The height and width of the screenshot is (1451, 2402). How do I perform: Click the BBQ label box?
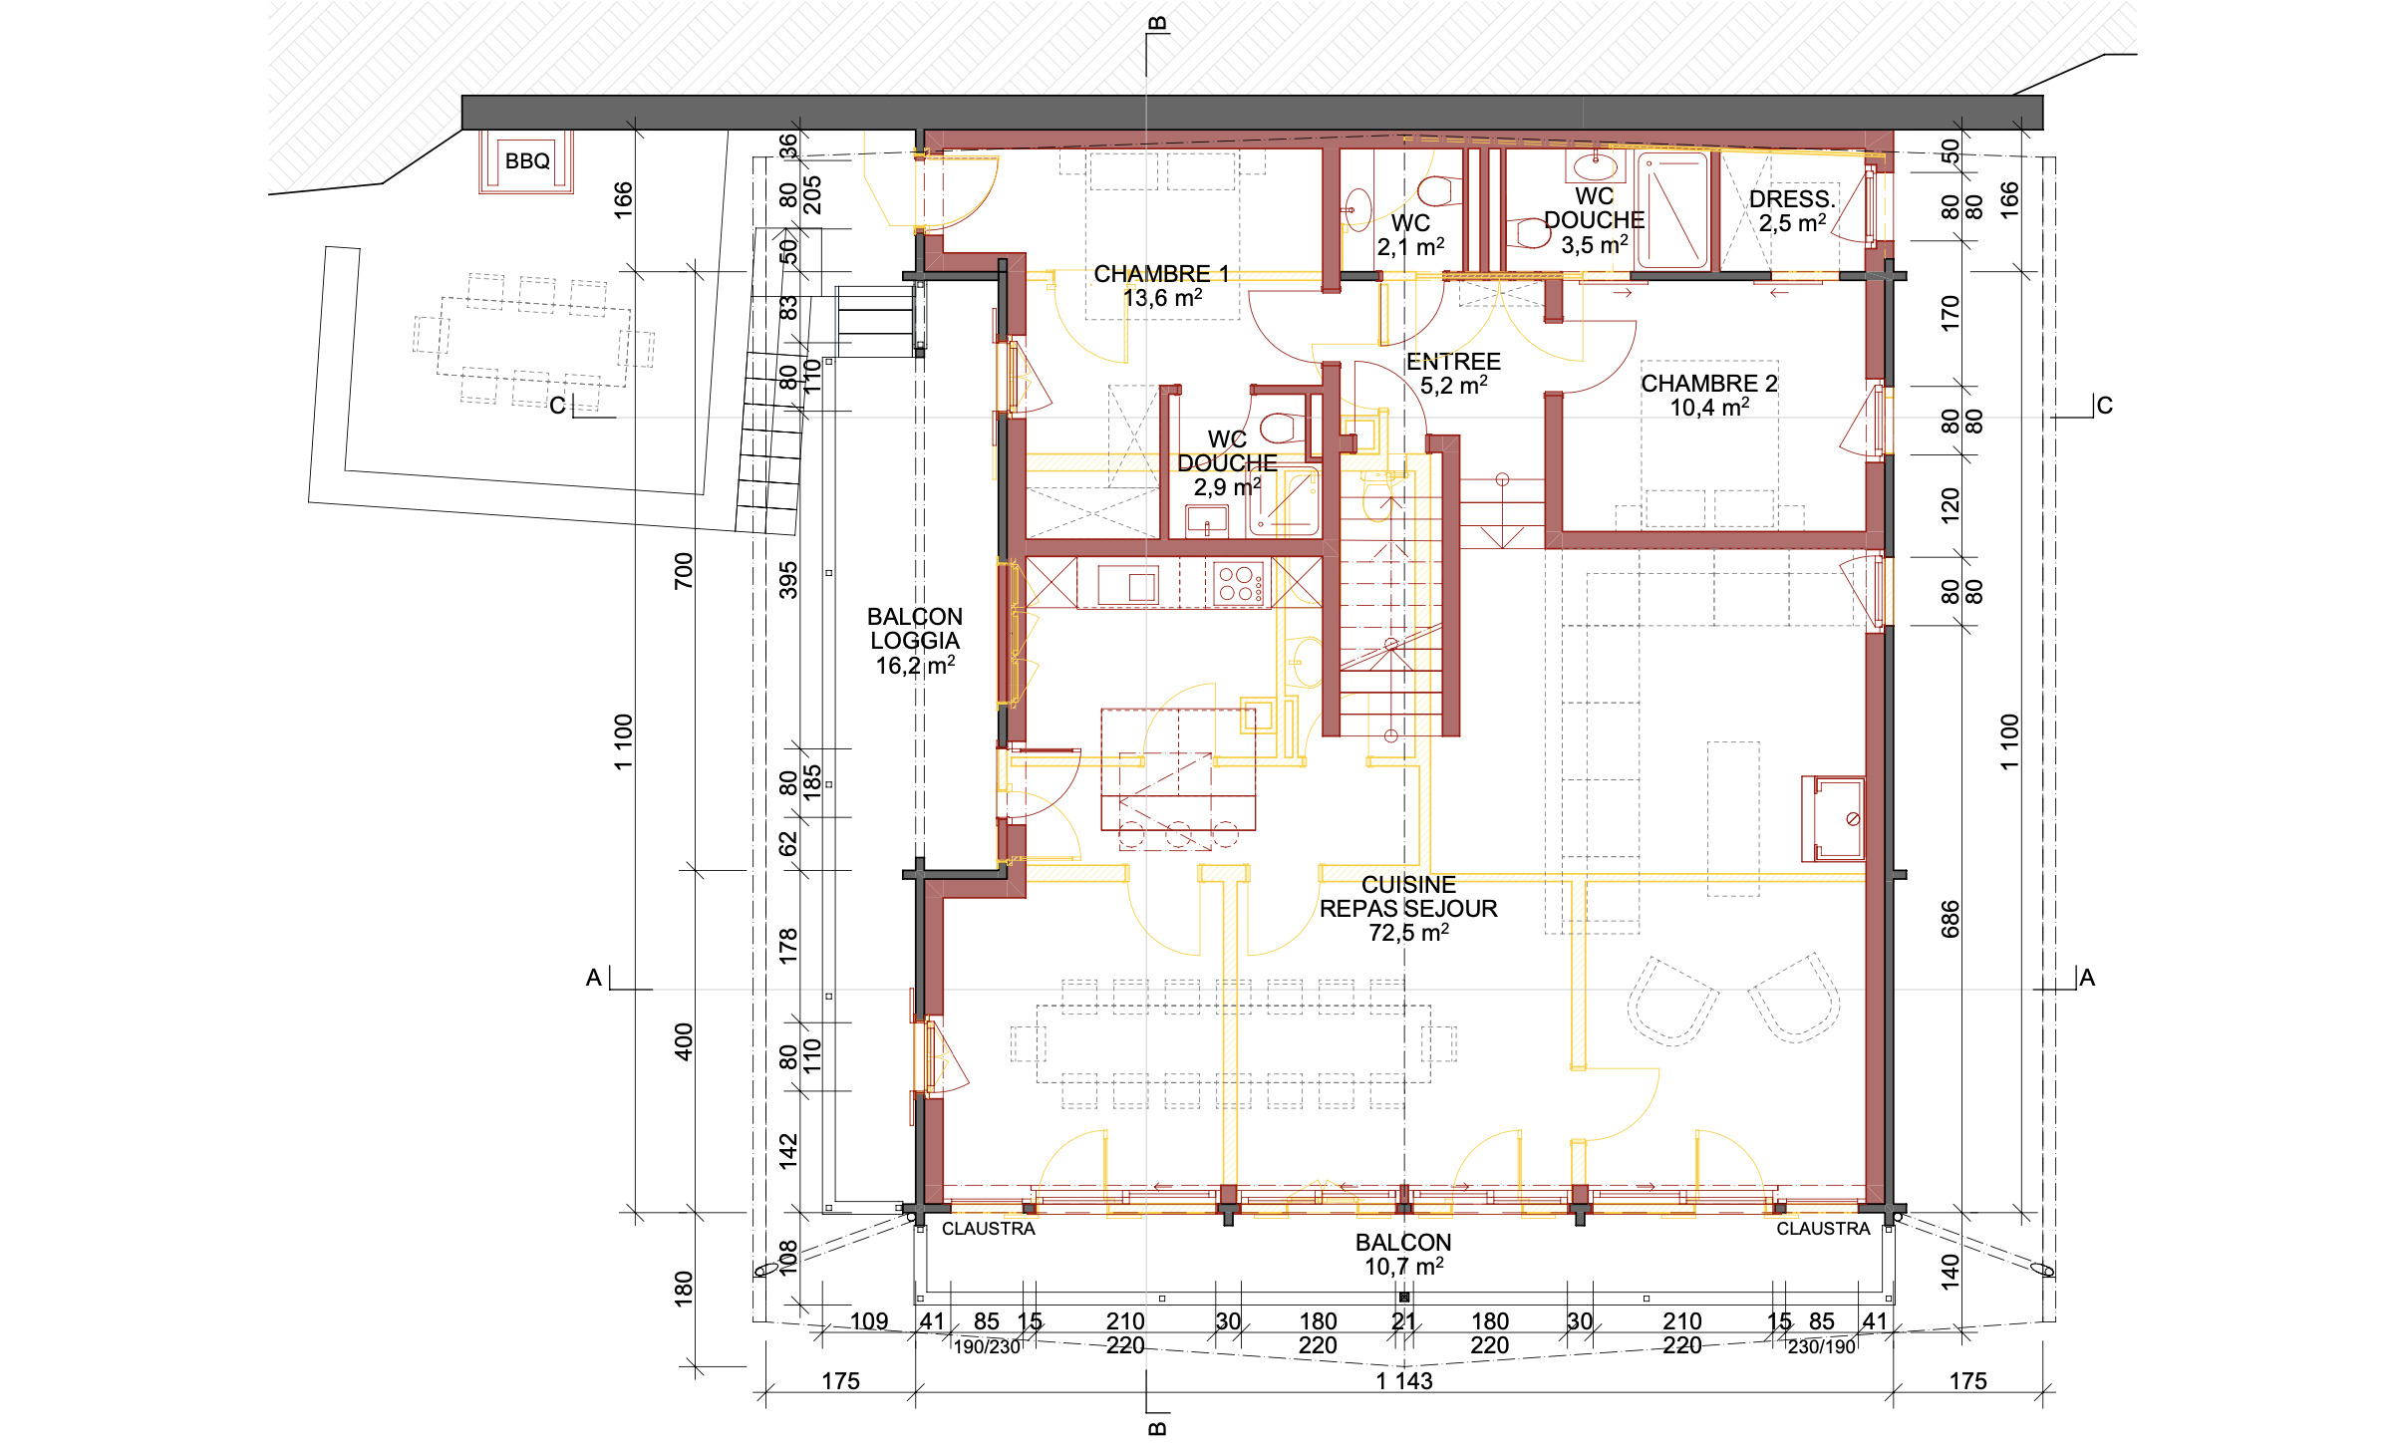coord(527,160)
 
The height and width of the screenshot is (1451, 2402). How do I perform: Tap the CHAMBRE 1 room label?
coord(1161,273)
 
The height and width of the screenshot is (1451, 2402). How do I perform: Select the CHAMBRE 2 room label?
coord(1709,384)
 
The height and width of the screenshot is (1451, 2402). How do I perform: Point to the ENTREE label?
coord(1453,362)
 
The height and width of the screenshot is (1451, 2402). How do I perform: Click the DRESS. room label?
coord(1792,199)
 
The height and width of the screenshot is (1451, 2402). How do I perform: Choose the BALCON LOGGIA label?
coord(915,629)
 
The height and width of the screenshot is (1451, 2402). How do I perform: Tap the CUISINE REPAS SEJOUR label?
coord(1408,897)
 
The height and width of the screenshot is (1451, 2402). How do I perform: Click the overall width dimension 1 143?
coord(1404,1381)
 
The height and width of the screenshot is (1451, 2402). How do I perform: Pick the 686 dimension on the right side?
coord(1951,919)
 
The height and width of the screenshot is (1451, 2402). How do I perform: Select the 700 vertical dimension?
coord(684,571)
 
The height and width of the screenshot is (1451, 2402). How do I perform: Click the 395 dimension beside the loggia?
coord(788,580)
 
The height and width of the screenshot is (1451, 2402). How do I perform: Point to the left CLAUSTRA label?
coord(988,1229)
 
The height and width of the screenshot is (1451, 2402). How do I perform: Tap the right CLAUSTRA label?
coord(1823,1229)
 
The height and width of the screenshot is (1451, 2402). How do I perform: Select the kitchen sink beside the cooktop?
coord(1128,585)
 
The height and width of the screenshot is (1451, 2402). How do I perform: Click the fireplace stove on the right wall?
coord(1833,819)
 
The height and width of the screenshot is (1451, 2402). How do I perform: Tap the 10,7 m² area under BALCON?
coord(1403,1267)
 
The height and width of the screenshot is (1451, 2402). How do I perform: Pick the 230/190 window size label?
coord(1821,1347)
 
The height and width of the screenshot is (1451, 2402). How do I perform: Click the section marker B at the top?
coord(1156,24)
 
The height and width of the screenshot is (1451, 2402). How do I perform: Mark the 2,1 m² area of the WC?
coord(1410,246)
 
